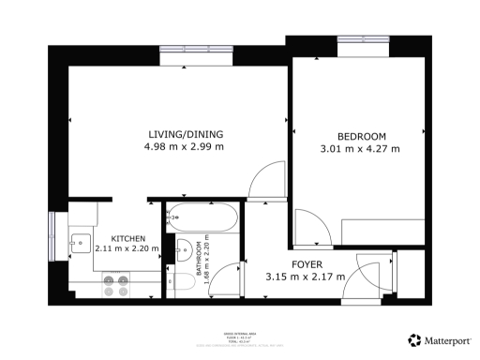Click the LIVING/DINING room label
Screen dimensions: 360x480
[x=184, y=132]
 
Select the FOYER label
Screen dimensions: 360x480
[x=307, y=262]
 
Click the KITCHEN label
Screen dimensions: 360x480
[x=127, y=238]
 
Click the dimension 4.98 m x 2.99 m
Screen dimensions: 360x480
[x=184, y=146]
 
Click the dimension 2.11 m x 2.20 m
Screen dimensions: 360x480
[x=127, y=250]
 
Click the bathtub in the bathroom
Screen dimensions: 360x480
[x=201, y=219]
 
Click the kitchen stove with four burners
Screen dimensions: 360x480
[x=115, y=283]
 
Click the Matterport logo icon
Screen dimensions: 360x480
[x=413, y=339]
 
